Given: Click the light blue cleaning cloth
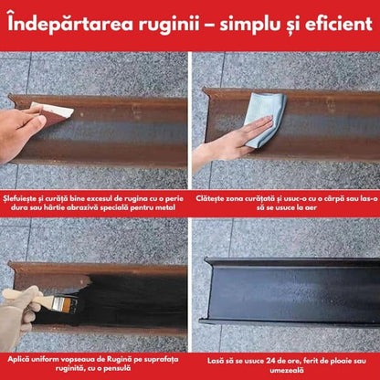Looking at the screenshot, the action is click(264, 119).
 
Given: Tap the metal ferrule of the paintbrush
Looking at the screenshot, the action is click(58, 303).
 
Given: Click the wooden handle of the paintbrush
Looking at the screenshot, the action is click(26, 297).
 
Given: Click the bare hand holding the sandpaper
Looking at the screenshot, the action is click(20, 131).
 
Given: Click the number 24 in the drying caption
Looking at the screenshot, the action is click(271, 361).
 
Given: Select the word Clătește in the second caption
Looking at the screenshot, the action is click(210, 199).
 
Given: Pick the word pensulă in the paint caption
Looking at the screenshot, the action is click(118, 368).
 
